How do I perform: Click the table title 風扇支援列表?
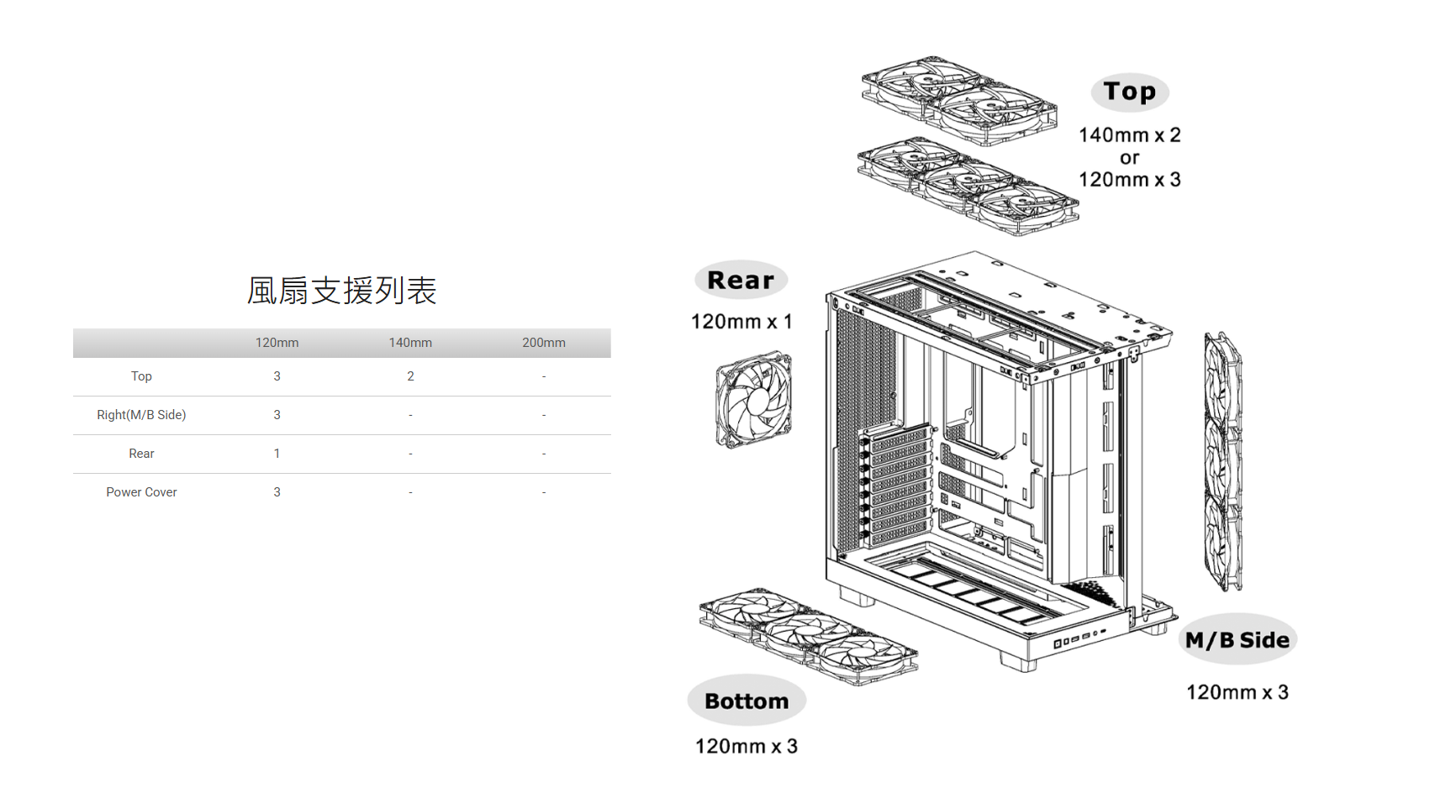click(x=341, y=291)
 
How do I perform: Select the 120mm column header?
click(x=277, y=343)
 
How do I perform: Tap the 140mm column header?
click(x=410, y=343)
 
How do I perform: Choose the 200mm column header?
click(x=543, y=343)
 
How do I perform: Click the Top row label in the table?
click(x=141, y=376)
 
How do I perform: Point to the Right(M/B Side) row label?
click(x=141, y=415)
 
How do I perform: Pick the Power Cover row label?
click(x=141, y=492)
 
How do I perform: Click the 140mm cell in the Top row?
click(x=410, y=376)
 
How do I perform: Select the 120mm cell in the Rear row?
click(x=277, y=454)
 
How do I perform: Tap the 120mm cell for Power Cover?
click(x=277, y=492)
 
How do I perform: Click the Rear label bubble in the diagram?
click(x=741, y=280)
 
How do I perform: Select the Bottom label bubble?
click(x=747, y=701)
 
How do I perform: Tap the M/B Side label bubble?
click(x=1237, y=640)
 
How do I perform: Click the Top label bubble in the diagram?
click(x=1130, y=92)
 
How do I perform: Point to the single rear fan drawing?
click(x=753, y=400)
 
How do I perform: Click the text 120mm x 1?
click(x=741, y=322)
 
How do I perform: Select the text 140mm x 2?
click(x=1130, y=135)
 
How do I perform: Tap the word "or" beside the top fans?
click(x=1130, y=158)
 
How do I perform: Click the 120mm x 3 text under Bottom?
click(x=747, y=746)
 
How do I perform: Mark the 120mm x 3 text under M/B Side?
click(x=1237, y=692)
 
